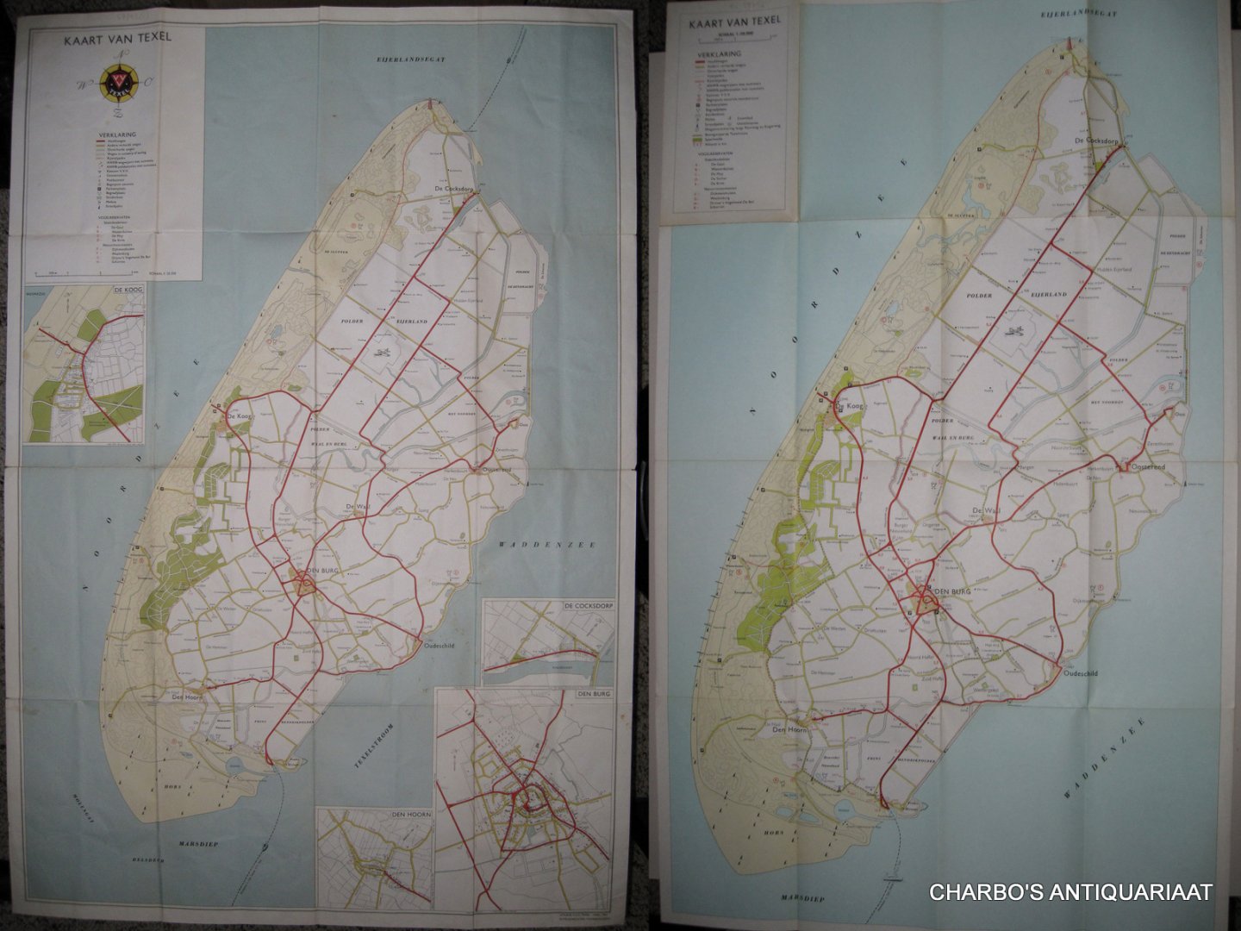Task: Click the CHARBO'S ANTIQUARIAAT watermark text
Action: tap(1070, 892)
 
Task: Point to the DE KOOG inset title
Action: tap(127, 291)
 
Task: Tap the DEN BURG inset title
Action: tap(594, 695)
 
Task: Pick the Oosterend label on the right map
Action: tap(1147, 466)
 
